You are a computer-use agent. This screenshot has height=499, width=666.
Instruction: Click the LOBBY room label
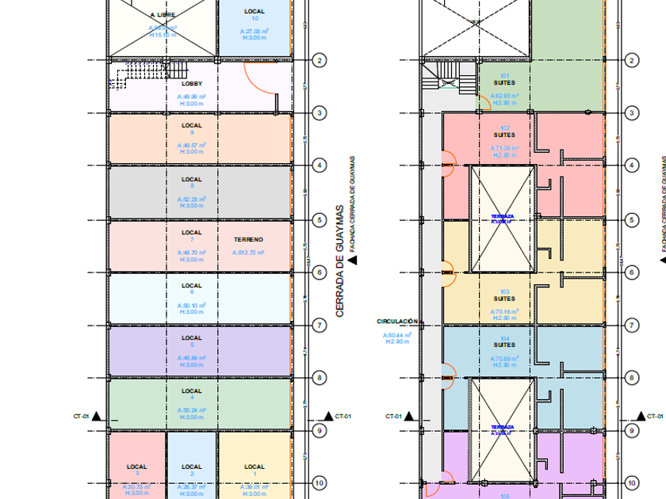pos(192,84)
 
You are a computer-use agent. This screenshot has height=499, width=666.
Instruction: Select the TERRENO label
pos(248,238)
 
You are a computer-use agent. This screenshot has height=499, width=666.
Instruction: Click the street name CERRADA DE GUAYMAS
pos(340,261)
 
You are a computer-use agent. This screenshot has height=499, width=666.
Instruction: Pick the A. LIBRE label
pos(163,15)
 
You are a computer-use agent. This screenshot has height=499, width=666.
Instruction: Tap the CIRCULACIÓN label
pos(398,322)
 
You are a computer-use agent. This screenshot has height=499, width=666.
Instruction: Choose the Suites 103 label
pos(504,299)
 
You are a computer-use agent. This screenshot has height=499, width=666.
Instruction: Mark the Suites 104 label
pos(504,345)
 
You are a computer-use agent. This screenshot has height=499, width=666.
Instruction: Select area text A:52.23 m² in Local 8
pos(192,200)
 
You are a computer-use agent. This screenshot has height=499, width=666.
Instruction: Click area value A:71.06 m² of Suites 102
pos(504,148)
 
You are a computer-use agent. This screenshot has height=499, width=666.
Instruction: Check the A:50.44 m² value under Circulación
pos(398,336)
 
